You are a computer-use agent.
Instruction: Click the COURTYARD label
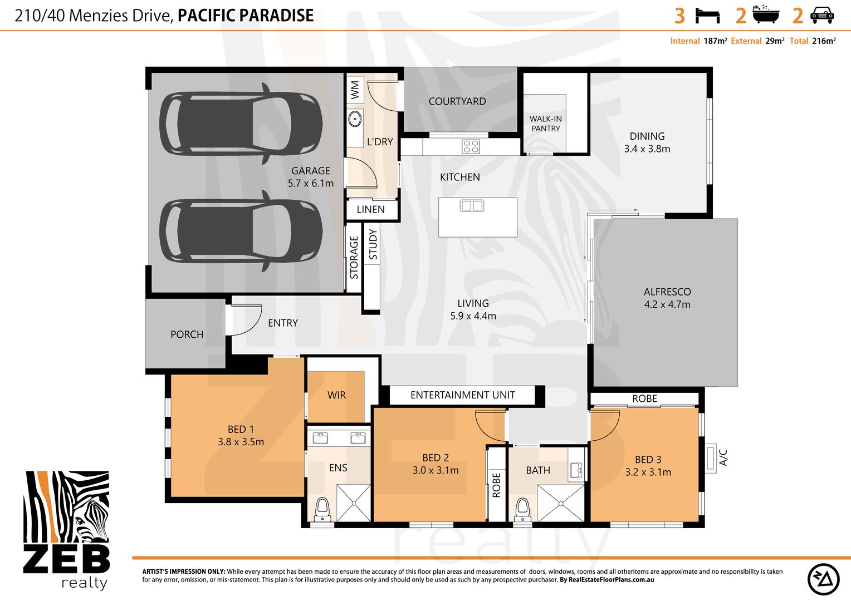click(457, 101)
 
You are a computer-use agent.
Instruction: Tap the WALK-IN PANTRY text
click(546, 124)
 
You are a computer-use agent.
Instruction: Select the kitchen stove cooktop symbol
click(471, 146)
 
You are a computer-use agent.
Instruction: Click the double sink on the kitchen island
click(472, 206)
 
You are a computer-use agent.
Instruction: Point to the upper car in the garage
click(241, 124)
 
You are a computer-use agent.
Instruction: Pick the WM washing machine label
click(355, 90)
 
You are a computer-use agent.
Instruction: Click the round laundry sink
click(355, 119)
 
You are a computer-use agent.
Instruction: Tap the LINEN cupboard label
click(370, 210)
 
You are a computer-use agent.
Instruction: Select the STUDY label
click(373, 244)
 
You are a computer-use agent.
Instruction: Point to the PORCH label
click(187, 334)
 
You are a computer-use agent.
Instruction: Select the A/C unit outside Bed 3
click(711, 458)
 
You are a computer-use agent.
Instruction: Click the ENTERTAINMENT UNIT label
click(463, 395)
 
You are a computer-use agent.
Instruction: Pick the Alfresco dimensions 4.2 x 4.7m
click(667, 304)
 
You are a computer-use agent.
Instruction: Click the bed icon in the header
click(707, 16)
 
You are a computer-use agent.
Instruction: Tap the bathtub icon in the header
click(766, 14)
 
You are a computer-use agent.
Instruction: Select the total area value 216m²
click(824, 41)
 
